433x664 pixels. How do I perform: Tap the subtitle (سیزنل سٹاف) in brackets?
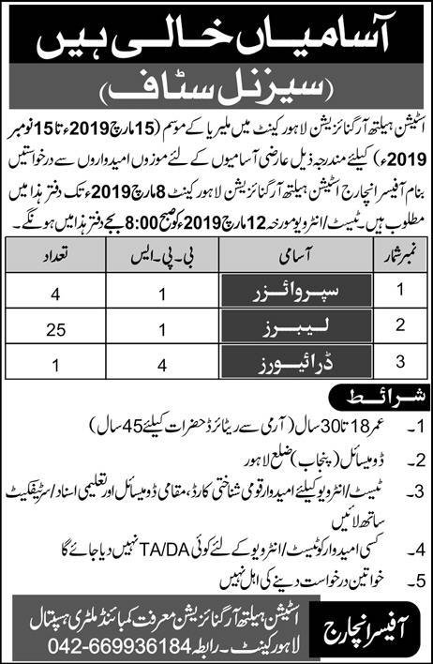point(216,95)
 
